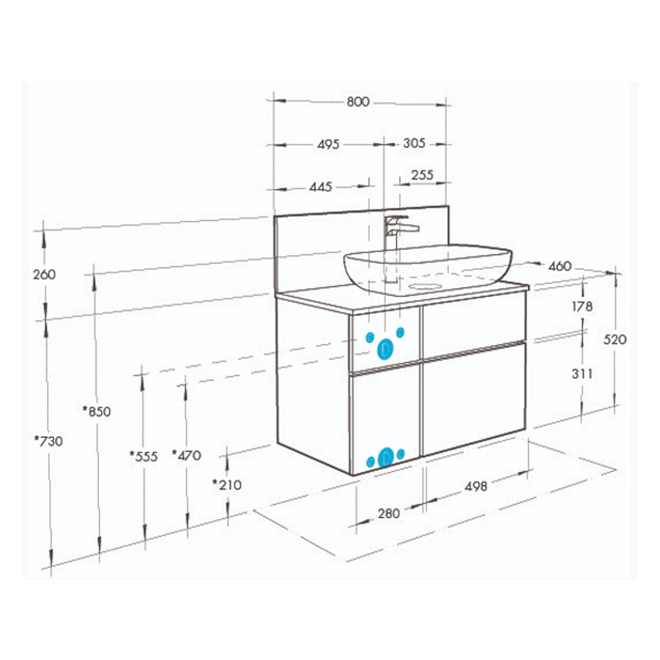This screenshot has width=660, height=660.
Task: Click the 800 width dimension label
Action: pyautogui.click(x=358, y=101)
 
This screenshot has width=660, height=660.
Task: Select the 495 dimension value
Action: pyautogui.click(x=328, y=144)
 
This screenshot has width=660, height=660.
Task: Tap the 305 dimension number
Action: pyautogui.click(x=414, y=143)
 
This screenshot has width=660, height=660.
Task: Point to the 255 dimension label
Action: pyautogui.click(x=422, y=175)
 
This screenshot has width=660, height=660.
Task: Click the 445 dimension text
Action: pyautogui.click(x=321, y=186)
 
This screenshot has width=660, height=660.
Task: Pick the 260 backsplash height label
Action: pyautogui.click(x=45, y=275)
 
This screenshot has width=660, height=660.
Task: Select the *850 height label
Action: pyautogui.click(x=97, y=411)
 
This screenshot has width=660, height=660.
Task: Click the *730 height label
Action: pyautogui.click(x=49, y=441)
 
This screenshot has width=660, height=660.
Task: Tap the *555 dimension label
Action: pyautogui.click(x=144, y=456)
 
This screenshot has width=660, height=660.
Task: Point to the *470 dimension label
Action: pyautogui.click(x=186, y=455)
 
